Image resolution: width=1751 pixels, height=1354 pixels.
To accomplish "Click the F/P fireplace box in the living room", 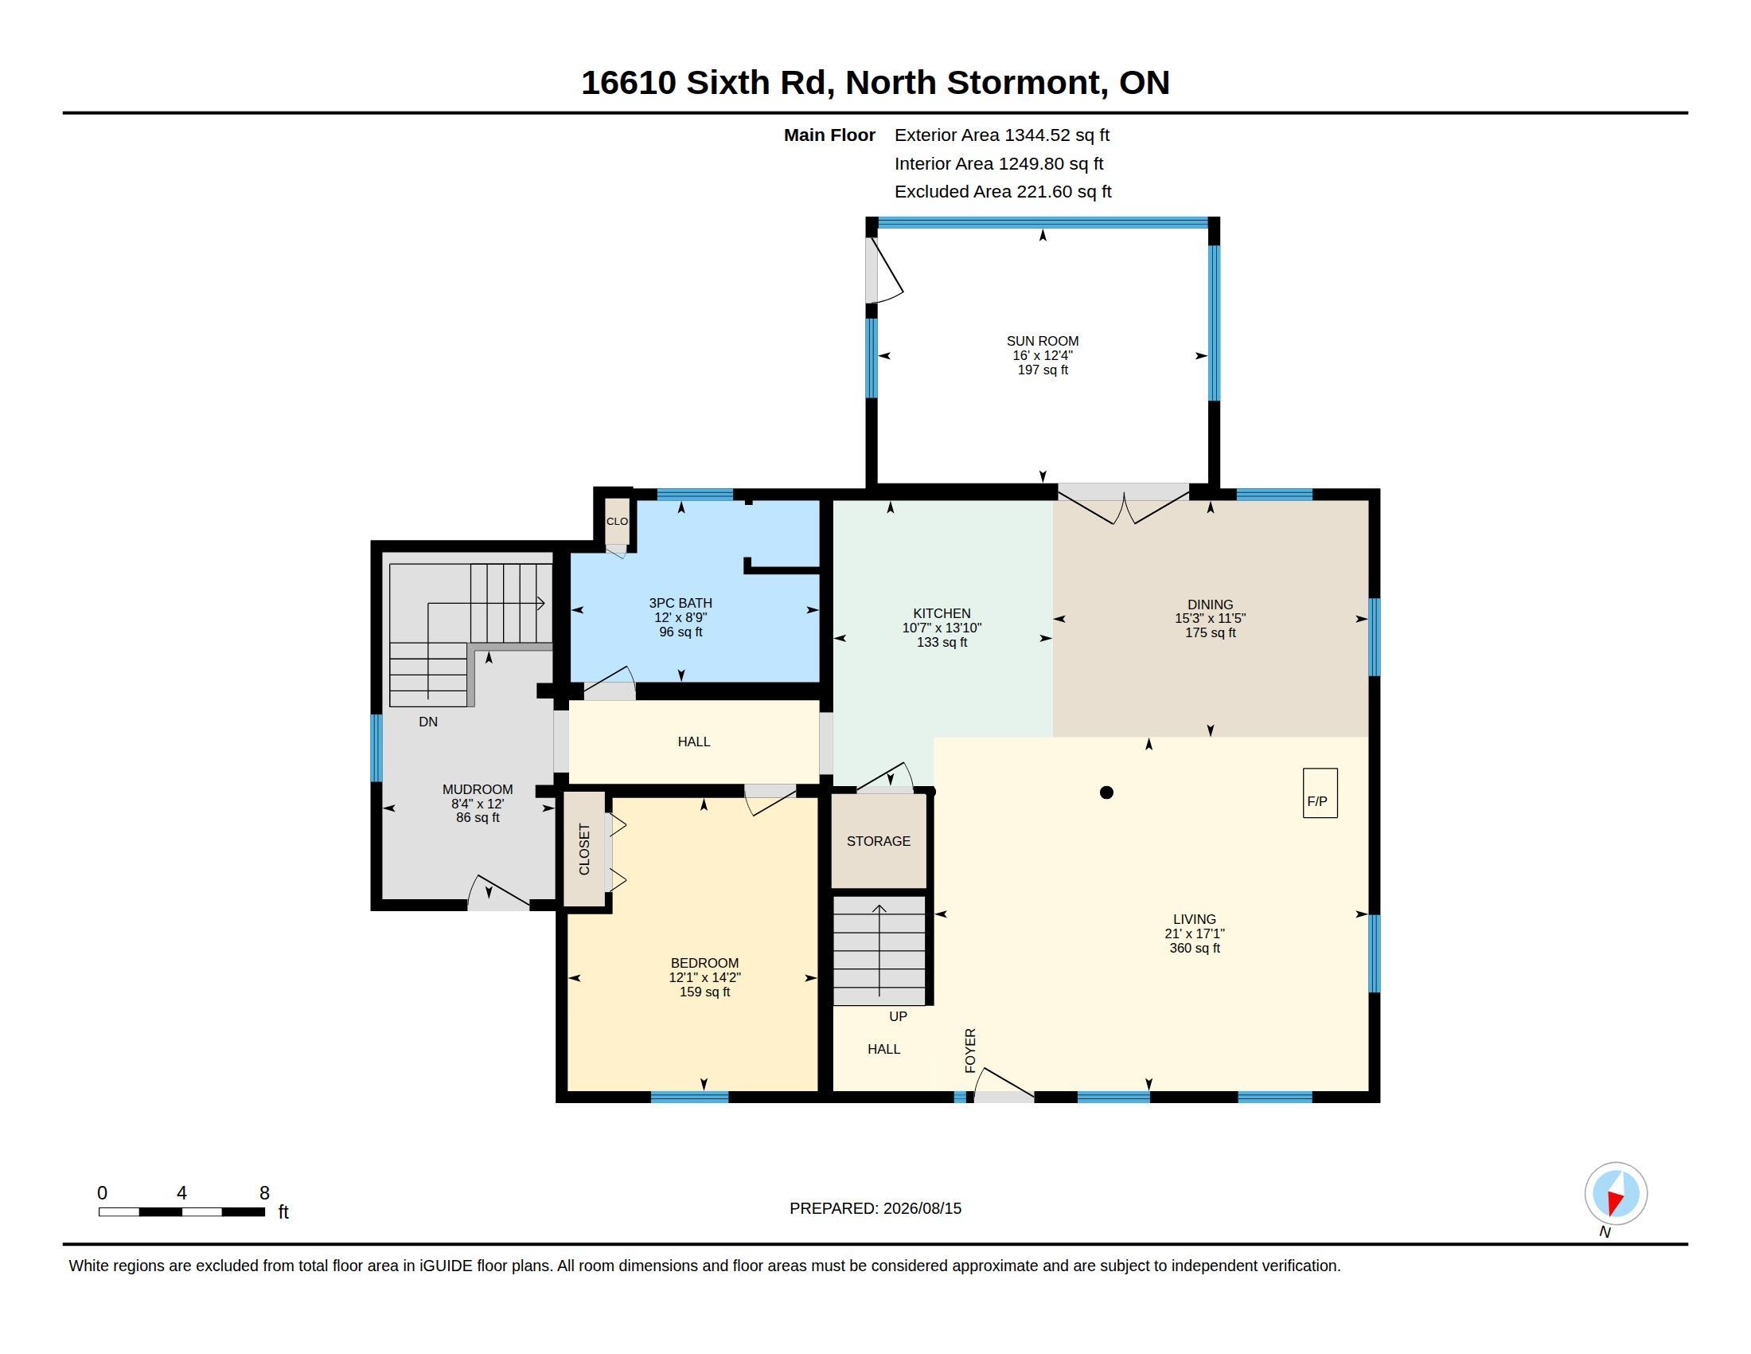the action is coord(1320,792).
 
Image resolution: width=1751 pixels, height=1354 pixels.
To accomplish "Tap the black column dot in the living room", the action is coord(1106,792).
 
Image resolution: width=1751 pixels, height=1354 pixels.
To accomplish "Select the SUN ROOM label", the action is coord(1043,341).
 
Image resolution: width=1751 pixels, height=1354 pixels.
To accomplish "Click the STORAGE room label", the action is coord(879,840).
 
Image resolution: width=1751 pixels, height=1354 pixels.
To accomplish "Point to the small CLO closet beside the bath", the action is coord(617,522).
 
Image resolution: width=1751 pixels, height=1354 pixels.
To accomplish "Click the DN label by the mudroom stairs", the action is coord(428,722).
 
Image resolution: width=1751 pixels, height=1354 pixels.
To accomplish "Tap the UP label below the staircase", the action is coord(898,1016).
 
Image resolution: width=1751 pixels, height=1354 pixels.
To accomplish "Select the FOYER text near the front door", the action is coord(970,1050).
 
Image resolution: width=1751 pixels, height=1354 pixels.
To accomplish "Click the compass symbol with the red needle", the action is coord(1616,1193).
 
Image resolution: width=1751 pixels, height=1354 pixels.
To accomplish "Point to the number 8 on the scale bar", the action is coord(264,1193).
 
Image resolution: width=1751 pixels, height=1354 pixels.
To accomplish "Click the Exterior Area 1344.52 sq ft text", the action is coord(1002,135).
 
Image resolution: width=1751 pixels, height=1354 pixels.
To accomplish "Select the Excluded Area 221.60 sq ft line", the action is coord(1003,192).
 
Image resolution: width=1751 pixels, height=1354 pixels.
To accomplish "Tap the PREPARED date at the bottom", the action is coord(875,1208).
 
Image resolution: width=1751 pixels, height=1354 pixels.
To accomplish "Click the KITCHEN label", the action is coord(942,613).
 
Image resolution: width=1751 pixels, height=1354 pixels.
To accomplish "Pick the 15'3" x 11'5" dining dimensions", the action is coord(1211,618).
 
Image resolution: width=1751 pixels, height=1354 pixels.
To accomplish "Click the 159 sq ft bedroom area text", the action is coord(704,992).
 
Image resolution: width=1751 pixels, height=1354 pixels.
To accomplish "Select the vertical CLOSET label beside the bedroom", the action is coord(584,850).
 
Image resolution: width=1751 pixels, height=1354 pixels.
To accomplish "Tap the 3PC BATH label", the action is coord(681,603).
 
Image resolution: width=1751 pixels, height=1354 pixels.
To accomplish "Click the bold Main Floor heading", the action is coord(830,135).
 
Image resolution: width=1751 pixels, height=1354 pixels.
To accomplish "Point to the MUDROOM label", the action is coord(478,789).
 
